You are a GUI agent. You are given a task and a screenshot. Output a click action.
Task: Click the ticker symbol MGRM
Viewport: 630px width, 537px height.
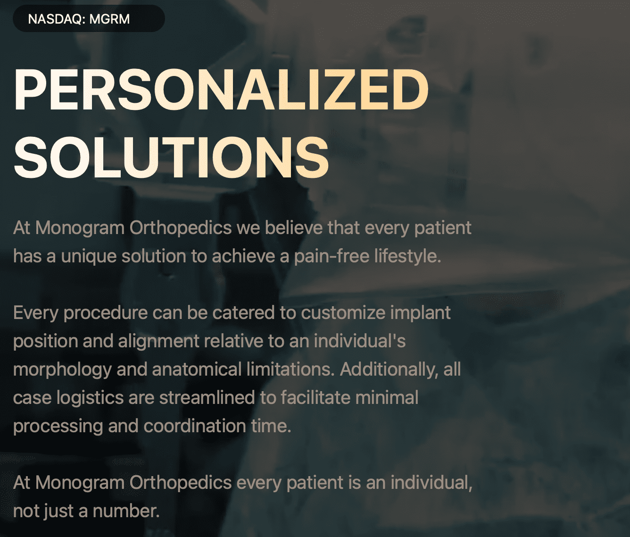coord(109,19)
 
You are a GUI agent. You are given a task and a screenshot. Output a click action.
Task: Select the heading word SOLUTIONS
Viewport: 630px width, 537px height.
coord(171,157)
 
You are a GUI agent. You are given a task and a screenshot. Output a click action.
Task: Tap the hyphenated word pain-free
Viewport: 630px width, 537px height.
coord(332,256)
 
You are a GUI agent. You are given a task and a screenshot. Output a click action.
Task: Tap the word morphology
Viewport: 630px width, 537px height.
coord(63,370)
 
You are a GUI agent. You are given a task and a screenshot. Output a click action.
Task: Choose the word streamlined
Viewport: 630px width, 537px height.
coord(207,398)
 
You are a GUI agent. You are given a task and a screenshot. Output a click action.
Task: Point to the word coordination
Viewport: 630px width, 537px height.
coord(194,426)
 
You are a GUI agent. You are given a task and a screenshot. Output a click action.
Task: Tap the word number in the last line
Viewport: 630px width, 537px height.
coord(126,511)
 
